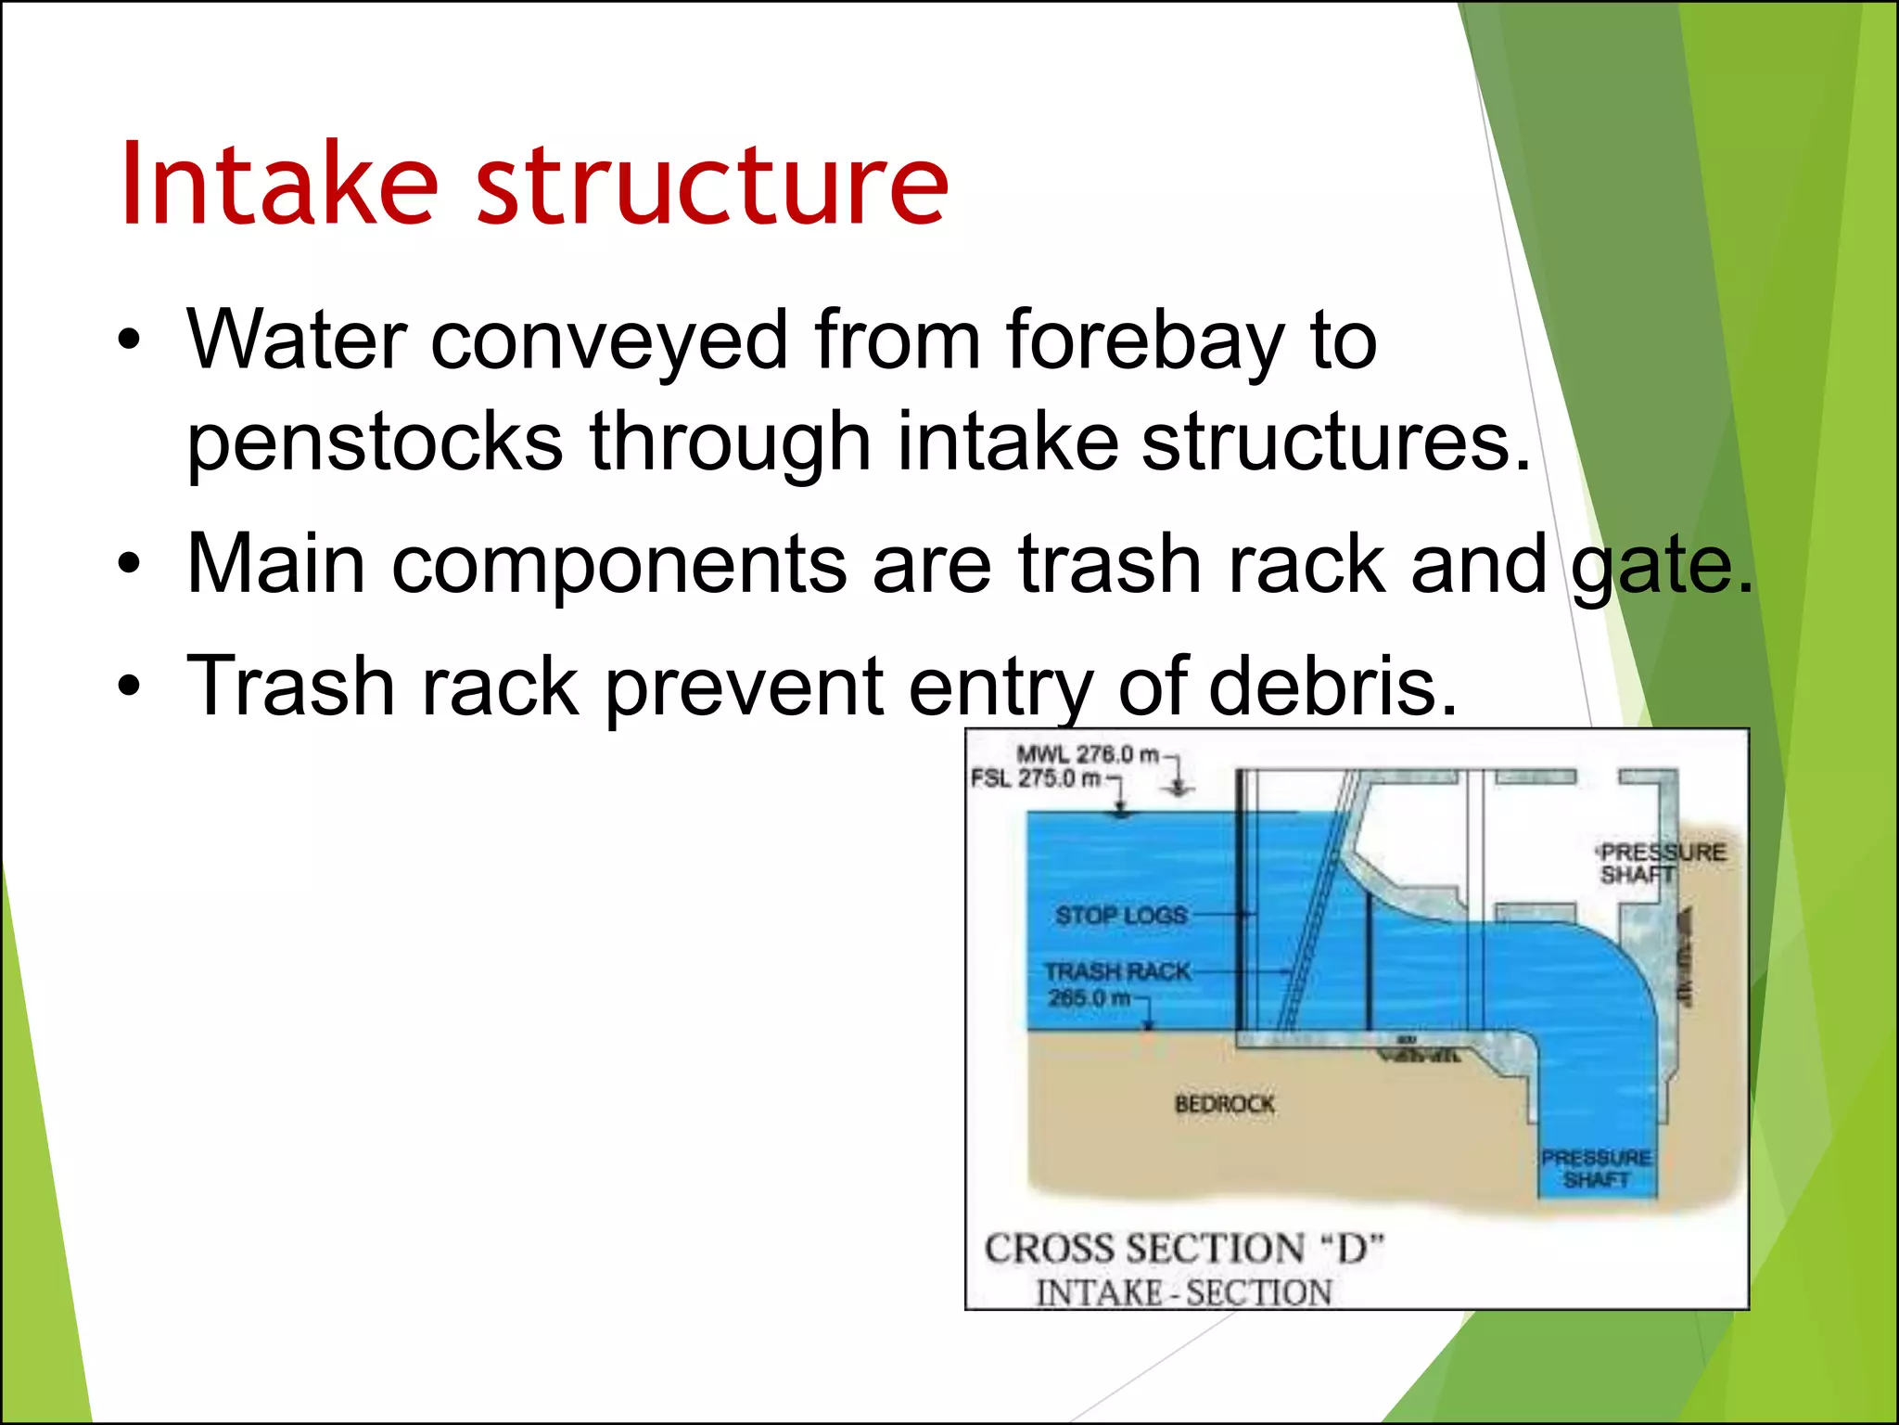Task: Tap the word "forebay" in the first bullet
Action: point(1146,340)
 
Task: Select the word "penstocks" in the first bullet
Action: point(375,442)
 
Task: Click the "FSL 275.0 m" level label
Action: point(1036,778)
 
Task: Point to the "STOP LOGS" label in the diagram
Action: point(1120,916)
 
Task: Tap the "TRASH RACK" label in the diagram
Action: point(1117,971)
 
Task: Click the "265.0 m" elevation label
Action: point(1090,998)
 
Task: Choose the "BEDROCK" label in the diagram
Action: point(1224,1104)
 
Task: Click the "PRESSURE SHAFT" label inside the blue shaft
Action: point(1596,1168)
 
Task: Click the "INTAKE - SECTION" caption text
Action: point(1183,1292)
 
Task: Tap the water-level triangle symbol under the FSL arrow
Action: point(1122,812)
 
